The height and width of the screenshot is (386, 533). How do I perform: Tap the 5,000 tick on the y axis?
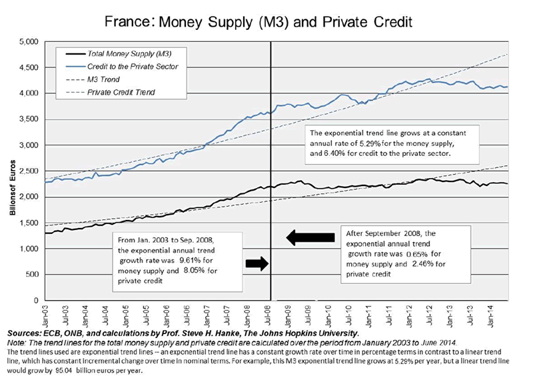pyautogui.click(x=29, y=41)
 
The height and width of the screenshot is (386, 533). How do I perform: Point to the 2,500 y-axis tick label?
pyautogui.click(x=29, y=171)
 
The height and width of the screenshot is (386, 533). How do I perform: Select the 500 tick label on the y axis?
pyautogui.click(x=33, y=275)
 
